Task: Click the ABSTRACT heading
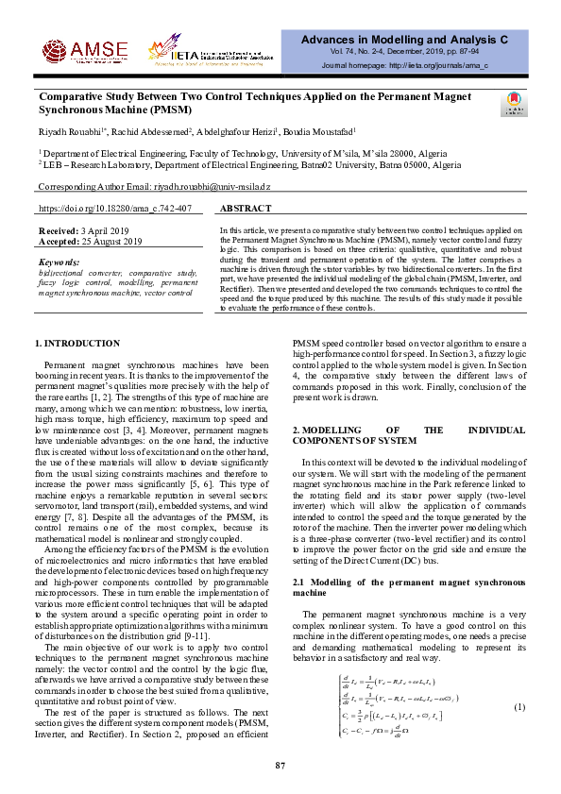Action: coord(246,207)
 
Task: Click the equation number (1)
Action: coord(518,708)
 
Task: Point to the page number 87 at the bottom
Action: coord(280,764)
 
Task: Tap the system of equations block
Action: coord(399,708)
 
